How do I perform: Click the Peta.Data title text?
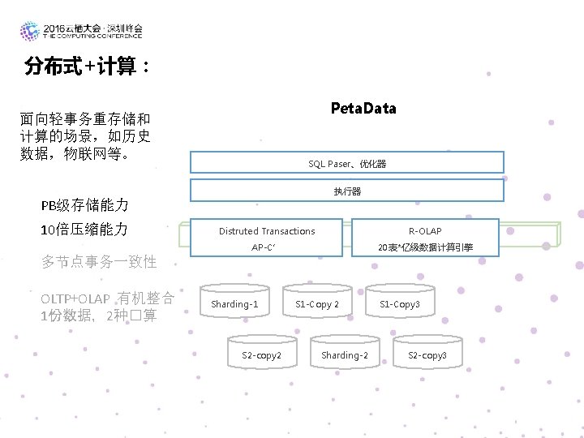(x=363, y=109)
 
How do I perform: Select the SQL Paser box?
(x=347, y=163)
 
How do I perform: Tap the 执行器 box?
(x=347, y=191)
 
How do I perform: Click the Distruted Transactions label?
(x=267, y=231)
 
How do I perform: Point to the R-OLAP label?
(x=425, y=231)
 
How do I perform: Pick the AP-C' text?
(x=264, y=247)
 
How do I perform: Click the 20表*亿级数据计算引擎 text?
(x=425, y=247)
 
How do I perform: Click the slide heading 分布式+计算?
(x=85, y=67)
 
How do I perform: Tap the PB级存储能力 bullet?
(x=85, y=204)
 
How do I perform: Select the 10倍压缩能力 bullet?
(x=84, y=229)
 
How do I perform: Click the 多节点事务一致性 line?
(x=99, y=261)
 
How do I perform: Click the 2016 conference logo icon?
(x=30, y=31)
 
